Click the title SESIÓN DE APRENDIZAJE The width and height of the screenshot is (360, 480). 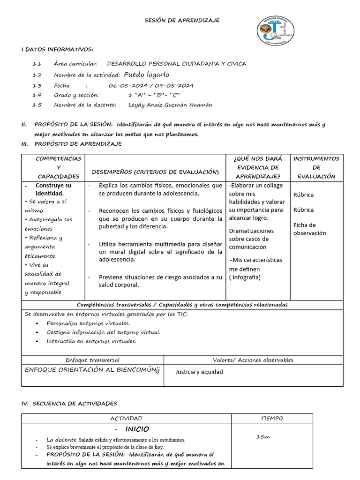(181, 20)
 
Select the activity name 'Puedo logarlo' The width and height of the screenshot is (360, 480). (146, 75)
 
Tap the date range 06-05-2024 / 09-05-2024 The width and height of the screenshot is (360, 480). (150, 85)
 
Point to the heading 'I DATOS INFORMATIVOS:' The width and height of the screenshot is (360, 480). (57, 50)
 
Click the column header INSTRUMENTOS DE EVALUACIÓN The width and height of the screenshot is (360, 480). (316, 167)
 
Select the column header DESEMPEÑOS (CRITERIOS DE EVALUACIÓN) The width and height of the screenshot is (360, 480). (156, 172)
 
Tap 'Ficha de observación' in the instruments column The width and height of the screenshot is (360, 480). (309, 229)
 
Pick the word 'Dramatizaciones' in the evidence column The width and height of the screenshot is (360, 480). (251, 231)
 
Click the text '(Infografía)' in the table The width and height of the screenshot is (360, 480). (245, 277)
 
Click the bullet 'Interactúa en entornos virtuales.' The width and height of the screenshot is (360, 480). (91, 341)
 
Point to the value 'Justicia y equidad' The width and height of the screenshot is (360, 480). (199, 372)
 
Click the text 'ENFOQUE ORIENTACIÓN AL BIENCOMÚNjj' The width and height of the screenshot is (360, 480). (92, 369)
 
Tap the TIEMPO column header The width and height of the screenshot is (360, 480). (271, 418)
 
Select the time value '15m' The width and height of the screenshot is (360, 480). (263, 437)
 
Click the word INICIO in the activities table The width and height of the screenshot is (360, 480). (137, 429)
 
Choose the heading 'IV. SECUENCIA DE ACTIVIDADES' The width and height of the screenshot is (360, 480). (69, 403)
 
